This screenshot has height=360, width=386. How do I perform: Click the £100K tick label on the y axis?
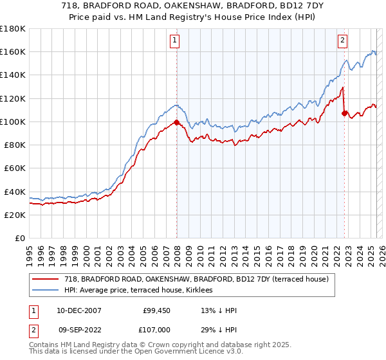tap(13, 122)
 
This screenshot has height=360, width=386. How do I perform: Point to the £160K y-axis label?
tap(13, 51)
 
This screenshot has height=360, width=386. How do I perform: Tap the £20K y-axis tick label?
tap(15, 215)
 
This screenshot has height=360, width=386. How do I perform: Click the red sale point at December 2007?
tap(176, 122)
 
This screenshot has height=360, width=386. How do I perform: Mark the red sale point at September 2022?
tap(344, 114)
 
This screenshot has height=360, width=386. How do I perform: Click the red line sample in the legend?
tap(46, 279)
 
